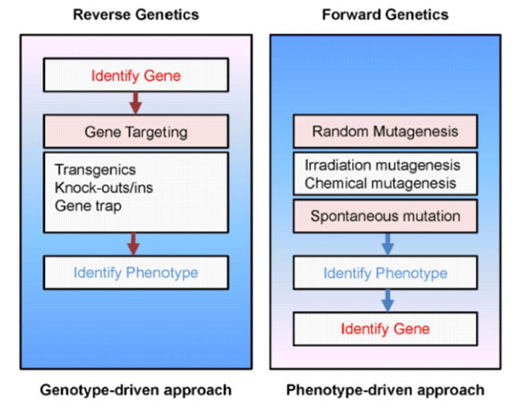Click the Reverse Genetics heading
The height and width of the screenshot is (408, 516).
tap(136, 14)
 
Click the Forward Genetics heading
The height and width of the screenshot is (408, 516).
tap(385, 14)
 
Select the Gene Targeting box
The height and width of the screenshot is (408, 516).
tap(136, 132)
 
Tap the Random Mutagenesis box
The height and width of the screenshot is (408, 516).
tap(385, 131)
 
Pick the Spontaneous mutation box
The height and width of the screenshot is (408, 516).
tap(385, 216)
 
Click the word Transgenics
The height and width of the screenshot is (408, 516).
tap(96, 169)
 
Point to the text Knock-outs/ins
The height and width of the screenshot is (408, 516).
tap(104, 187)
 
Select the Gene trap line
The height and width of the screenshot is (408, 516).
tap(88, 206)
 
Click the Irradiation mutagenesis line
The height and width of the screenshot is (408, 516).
tap(383, 165)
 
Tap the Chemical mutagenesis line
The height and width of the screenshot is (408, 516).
tap(381, 184)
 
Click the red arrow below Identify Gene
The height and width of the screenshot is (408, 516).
tap(135, 103)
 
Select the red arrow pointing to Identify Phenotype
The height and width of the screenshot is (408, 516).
tap(133, 244)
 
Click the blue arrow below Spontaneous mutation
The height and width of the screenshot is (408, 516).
tap(388, 244)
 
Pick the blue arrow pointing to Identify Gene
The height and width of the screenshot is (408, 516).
tap(388, 300)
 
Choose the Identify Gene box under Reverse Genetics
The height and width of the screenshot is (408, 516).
tap(136, 75)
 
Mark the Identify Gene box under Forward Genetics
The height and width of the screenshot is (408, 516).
tap(385, 328)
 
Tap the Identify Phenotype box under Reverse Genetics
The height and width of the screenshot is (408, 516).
tap(136, 273)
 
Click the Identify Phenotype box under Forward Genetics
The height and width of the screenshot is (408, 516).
tap(385, 273)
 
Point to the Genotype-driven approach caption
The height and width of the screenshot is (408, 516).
tap(136, 390)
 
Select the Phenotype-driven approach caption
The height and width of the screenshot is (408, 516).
tap(385, 390)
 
